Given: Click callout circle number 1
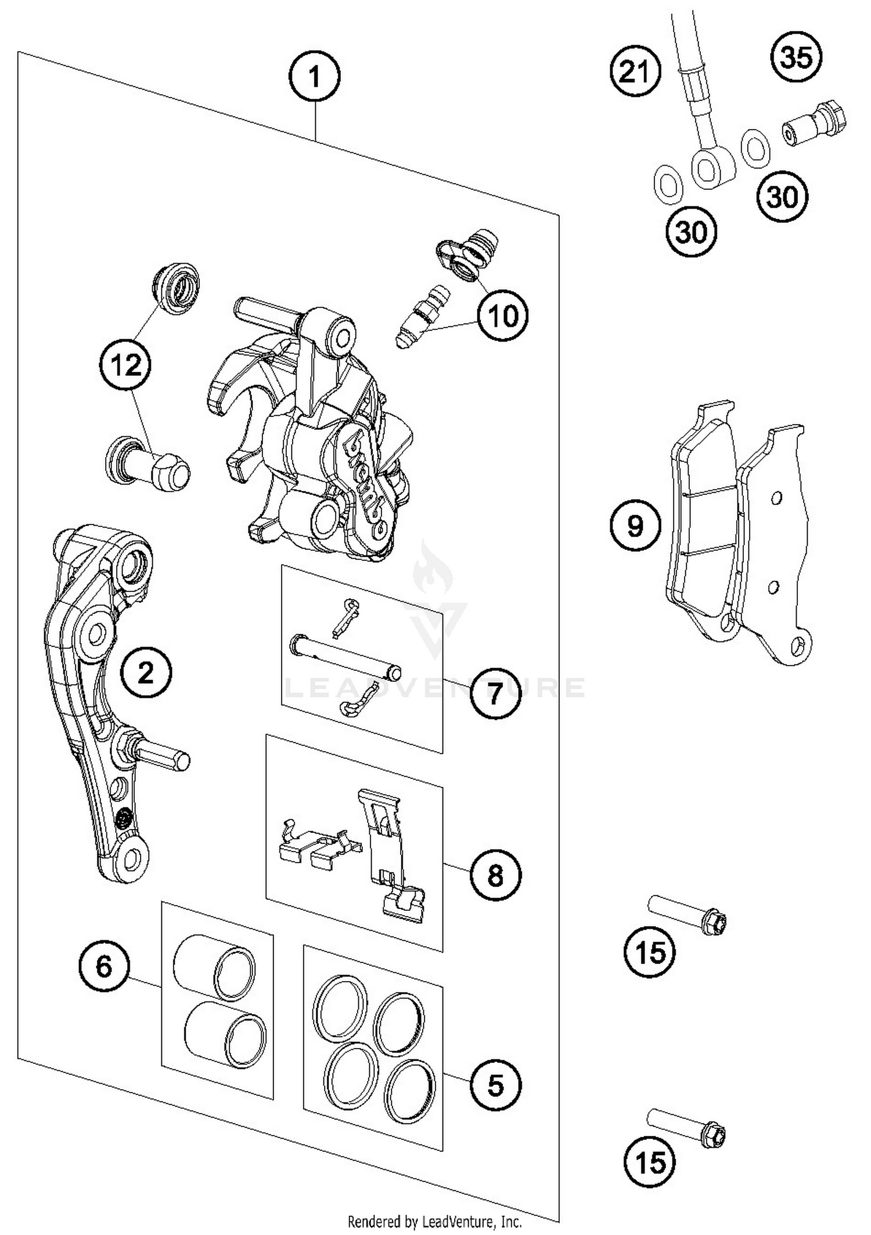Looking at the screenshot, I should coord(314,76).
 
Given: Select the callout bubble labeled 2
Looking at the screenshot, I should coord(146,673).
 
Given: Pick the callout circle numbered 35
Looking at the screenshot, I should coord(796,58).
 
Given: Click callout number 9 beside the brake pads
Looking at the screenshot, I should coord(635,526).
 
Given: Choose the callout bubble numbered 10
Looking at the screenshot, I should coord(503,316).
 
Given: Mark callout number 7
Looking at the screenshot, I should coord(494,692).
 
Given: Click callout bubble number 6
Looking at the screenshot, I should coord(104,967).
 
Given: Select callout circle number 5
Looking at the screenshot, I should coord(495,1085).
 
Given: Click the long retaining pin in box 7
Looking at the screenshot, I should coord(345,656).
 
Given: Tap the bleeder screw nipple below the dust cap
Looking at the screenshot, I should coord(418,317).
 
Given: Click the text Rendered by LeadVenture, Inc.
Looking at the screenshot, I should coord(434,1222).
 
